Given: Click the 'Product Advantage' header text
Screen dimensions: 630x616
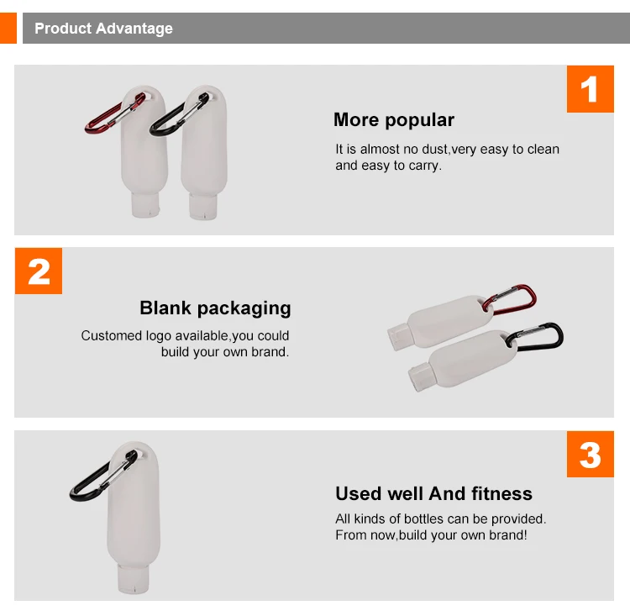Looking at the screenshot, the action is pos(103,29).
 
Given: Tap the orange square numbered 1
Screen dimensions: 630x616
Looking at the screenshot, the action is pos(591,89).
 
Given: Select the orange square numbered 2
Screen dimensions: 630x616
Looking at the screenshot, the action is pos(39,271).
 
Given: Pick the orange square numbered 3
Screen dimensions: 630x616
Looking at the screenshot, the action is pos(591,455).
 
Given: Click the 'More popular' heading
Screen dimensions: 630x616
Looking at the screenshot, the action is pos(394,120).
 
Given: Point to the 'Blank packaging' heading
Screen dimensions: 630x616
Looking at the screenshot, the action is pos(215,308).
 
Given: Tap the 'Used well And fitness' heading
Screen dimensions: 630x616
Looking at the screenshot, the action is pos(434,494).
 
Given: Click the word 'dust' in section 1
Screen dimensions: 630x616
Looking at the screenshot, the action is pos(434,150).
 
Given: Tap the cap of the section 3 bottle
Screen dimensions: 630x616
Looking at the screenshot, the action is pos(134,578).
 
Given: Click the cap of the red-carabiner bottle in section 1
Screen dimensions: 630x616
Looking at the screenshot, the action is pos(145,205).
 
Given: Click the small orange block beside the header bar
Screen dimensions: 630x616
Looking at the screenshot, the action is pos(8,28).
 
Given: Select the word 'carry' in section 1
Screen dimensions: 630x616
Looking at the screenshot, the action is pos(424,166).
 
